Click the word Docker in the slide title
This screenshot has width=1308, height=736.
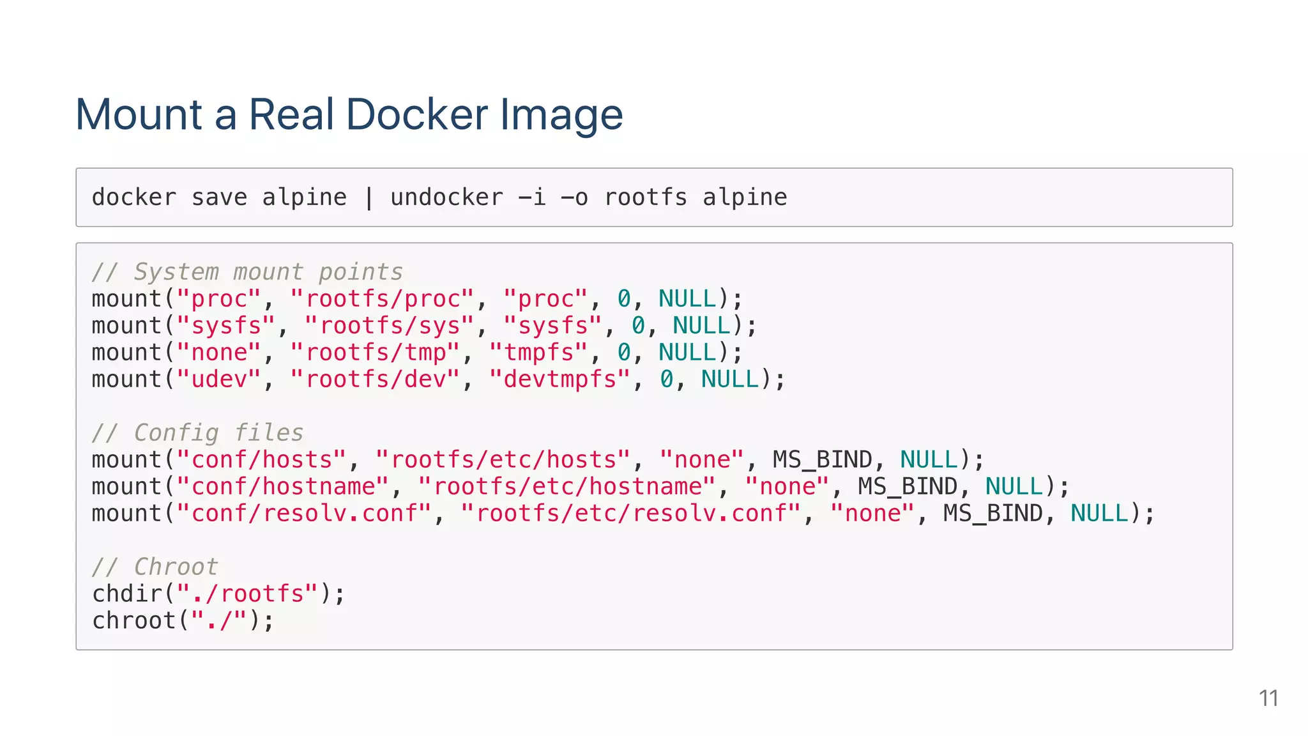click(417, 115)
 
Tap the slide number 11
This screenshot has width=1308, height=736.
click(1268, 698)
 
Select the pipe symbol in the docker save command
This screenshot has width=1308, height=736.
click(369, 197)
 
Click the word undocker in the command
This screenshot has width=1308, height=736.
click(446, 197)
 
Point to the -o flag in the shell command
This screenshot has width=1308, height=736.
click(574, 197)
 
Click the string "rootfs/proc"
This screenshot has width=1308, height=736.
click(383, 299)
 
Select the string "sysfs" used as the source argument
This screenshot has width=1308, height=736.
click(226, 326)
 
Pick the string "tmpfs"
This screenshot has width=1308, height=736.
click(538, 353)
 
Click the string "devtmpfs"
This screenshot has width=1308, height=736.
click(559, 379)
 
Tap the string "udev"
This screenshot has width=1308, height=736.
click(219, 379)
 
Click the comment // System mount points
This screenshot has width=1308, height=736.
click(247, 272)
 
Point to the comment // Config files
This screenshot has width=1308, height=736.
click(197, 433)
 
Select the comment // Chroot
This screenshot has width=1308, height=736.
click(155, 567)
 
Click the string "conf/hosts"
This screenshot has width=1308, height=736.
click(262, 460)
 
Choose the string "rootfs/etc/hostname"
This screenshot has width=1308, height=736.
click(567, 487)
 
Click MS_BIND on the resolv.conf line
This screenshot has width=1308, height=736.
click(992, 514)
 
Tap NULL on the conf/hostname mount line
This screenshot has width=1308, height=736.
click(1014, 487)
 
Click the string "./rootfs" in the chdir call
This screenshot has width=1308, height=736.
click(247, 594)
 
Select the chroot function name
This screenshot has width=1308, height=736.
click(134, 621)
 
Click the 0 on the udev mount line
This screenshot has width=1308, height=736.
click(666, 379)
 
